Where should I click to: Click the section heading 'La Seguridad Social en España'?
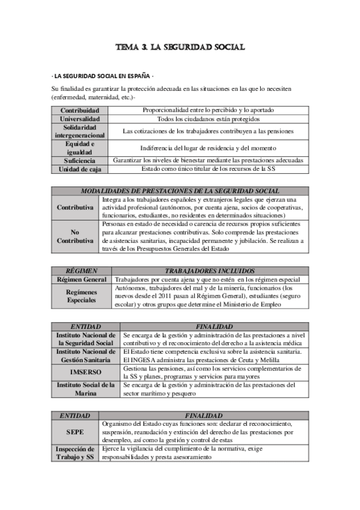103,77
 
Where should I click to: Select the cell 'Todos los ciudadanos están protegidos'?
209,119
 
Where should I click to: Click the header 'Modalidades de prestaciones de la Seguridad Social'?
180,191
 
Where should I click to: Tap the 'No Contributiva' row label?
75,236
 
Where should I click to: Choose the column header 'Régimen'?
81,271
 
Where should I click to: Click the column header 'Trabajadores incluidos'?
209,271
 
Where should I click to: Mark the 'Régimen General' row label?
81,280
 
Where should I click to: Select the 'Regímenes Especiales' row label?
81,295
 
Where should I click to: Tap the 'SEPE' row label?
76,432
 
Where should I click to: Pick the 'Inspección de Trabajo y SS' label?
76,453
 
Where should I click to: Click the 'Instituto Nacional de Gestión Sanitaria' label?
85,355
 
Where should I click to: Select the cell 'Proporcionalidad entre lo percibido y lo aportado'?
209,111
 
